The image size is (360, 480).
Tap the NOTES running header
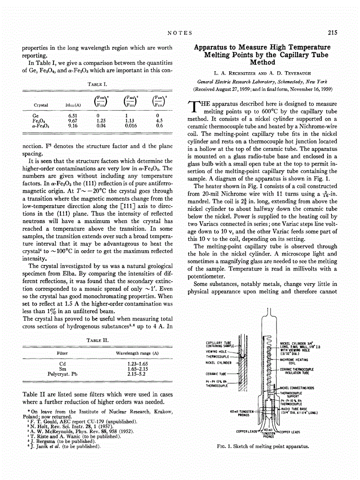(x=180, y=32)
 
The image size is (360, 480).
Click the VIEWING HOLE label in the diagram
(x=216, y=351)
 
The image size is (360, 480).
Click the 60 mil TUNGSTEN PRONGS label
(x=242, y=413)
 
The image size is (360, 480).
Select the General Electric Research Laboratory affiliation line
(x=262, y=81)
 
